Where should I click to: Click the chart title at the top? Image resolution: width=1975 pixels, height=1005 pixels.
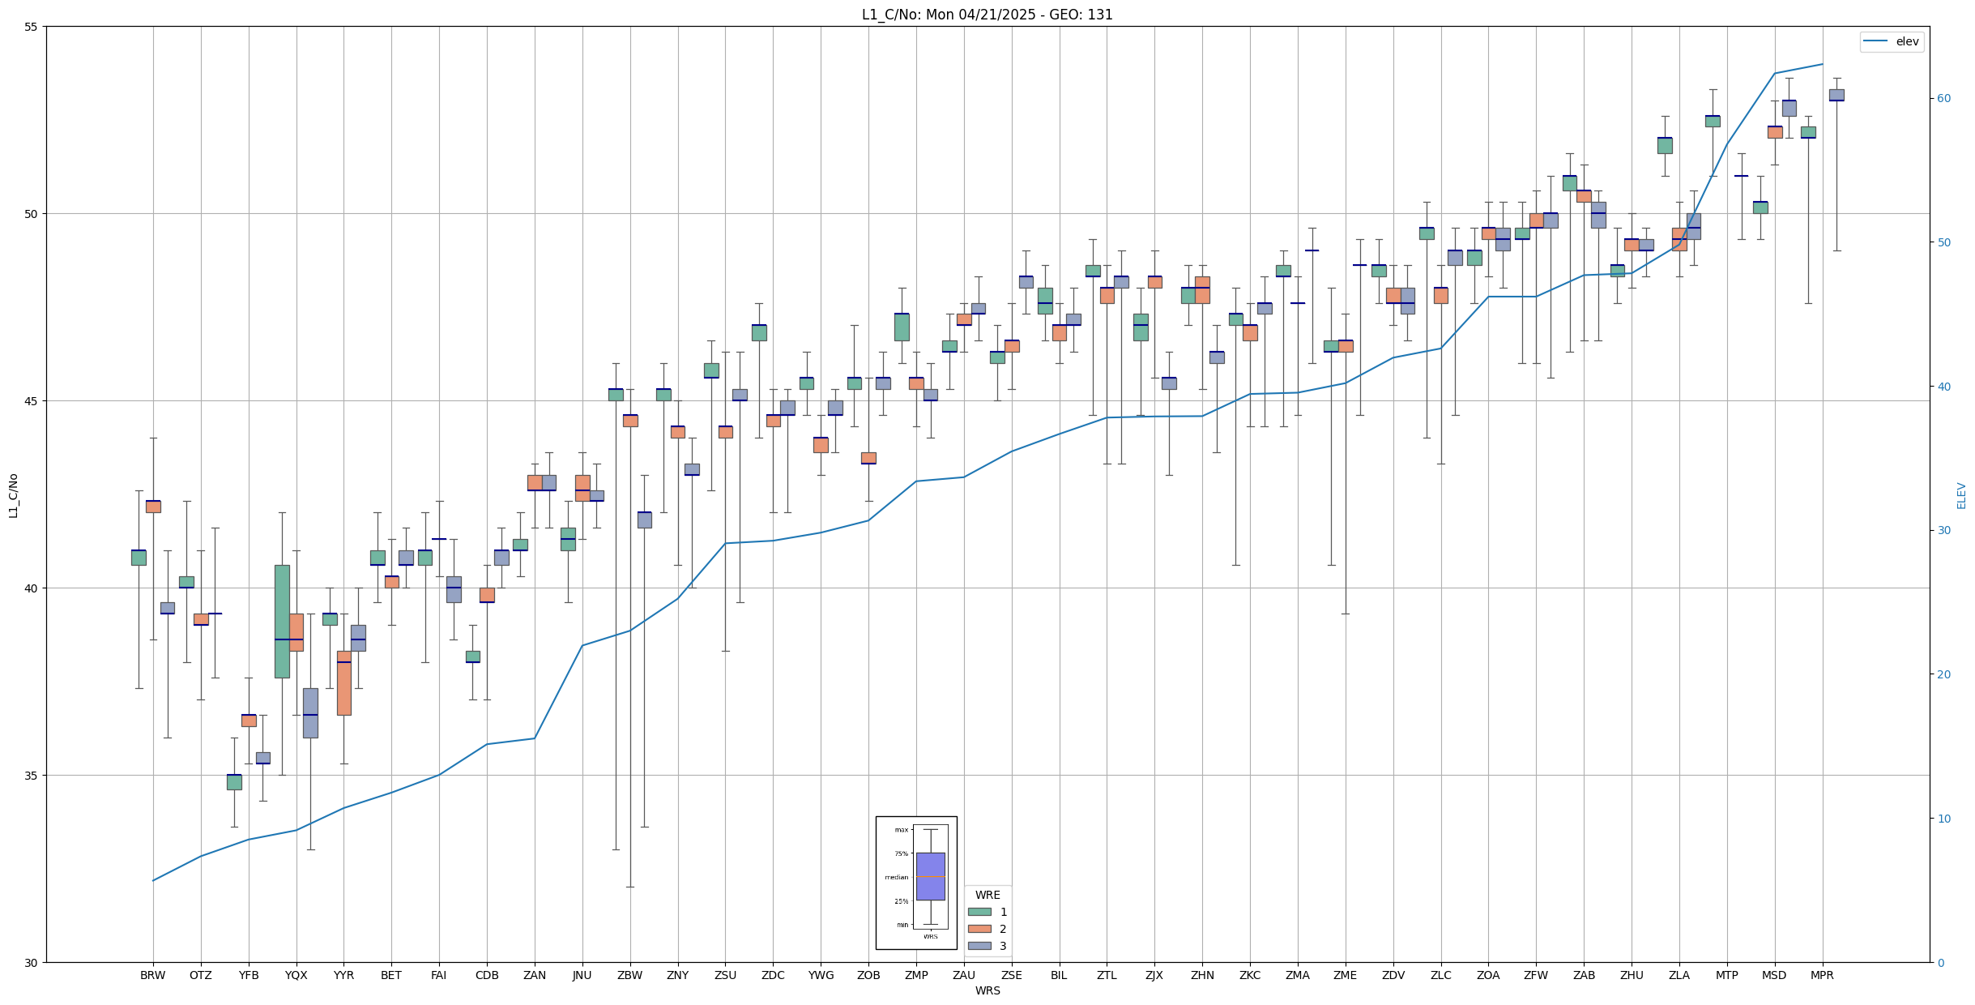point(987,15)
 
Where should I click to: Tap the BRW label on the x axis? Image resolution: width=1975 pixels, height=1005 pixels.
point(152,975)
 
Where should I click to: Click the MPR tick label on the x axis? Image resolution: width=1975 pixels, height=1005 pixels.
point(1822,975)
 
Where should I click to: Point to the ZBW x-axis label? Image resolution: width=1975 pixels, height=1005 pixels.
point(629,975)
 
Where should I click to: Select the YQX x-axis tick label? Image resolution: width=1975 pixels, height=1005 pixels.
point(296,975)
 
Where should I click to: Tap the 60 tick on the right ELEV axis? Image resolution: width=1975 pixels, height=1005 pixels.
point(1943,99)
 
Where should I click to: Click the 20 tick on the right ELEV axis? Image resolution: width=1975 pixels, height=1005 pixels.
point(1943,674)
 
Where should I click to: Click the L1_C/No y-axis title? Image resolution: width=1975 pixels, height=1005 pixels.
point(13,495)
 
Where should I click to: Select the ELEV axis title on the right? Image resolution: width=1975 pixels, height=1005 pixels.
point(1961,495)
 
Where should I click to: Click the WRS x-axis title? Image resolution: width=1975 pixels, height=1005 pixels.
point(987,990)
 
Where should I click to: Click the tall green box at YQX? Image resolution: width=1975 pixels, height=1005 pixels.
point(282,621)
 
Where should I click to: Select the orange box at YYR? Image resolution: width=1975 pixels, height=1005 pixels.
point(344,682)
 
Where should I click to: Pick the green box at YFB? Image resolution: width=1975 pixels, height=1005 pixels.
point(234,781)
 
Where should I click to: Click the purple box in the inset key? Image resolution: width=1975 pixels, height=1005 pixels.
point(930,876)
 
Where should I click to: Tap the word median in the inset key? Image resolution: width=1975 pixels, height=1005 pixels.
point(896,877)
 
